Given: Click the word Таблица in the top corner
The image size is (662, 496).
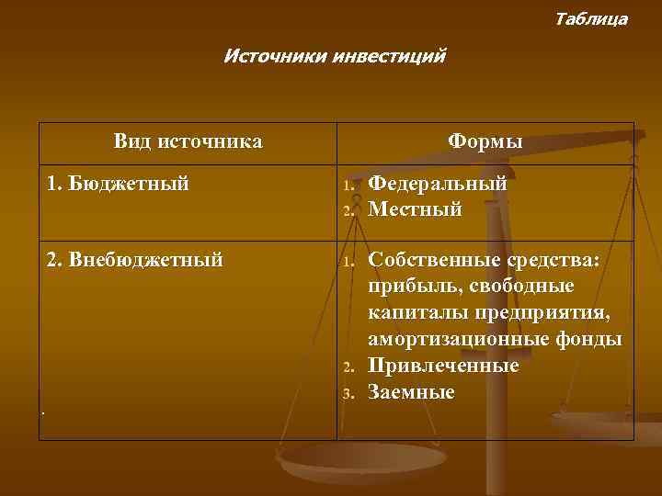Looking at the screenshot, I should (x=591, y=18).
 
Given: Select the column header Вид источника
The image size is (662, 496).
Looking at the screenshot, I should (x=188, y=141).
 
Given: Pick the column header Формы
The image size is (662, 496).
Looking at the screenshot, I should (x=485, y=141).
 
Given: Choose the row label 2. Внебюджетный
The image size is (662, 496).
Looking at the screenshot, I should (x=134, y=260).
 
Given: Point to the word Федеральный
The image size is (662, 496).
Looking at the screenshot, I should (x=438, y=184).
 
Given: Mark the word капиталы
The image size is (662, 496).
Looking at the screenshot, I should (x=414, y=313).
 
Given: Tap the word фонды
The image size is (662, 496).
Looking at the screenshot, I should (x=589, y=340).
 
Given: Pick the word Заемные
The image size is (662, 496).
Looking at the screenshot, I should (x=411, y=392).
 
